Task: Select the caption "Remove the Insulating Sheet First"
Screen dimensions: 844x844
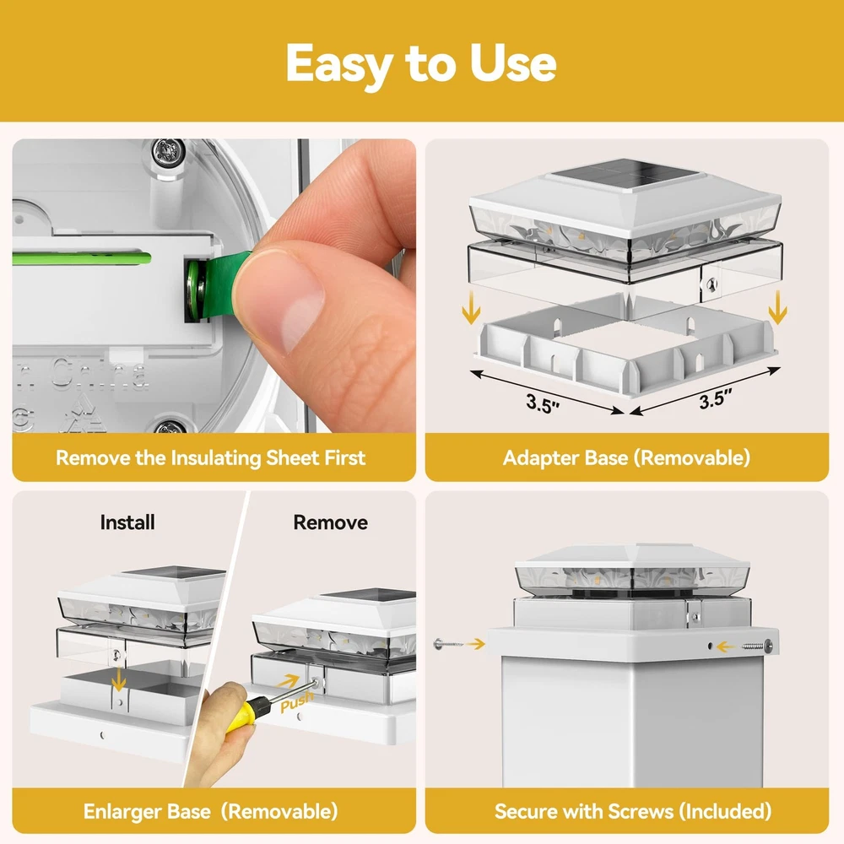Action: (x=210, y=458)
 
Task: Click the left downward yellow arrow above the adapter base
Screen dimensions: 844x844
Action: (x=471, y=307)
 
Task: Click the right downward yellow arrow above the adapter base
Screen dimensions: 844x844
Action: (x=777, y=307)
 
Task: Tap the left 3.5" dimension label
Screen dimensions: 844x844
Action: (x=543, y=403)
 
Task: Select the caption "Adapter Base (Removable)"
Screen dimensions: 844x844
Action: (x=626, y=458)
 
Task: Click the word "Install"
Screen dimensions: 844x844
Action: (x=127, y=522)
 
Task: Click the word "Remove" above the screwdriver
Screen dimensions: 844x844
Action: (x=331, y=522)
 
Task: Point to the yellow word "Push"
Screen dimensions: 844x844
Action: (x=296, y=701)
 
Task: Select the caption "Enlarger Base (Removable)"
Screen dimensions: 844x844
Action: (x=210, y=812)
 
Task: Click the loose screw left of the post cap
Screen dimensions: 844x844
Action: (x=448, y=643)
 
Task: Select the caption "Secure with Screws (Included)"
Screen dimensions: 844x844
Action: (x=633, y=812)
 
